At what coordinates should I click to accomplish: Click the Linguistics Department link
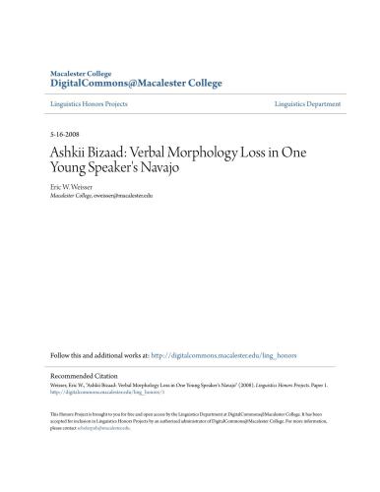point(306,103)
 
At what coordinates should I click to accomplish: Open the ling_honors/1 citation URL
point(92,394)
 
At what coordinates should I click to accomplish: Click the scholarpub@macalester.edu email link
point(95,429)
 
